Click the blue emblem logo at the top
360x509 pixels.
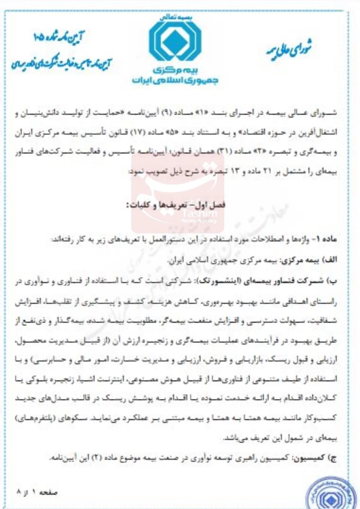click(x=175, y=40)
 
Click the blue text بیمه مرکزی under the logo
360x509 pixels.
click(x=175, y=70)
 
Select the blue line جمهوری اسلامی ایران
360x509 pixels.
click(x=175, y=81)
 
